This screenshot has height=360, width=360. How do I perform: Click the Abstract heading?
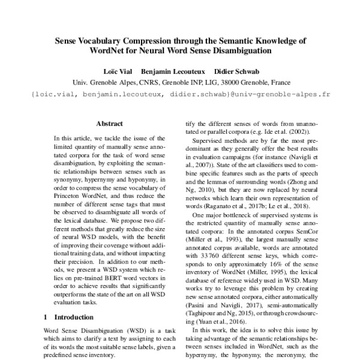click(x=109, y=124)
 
